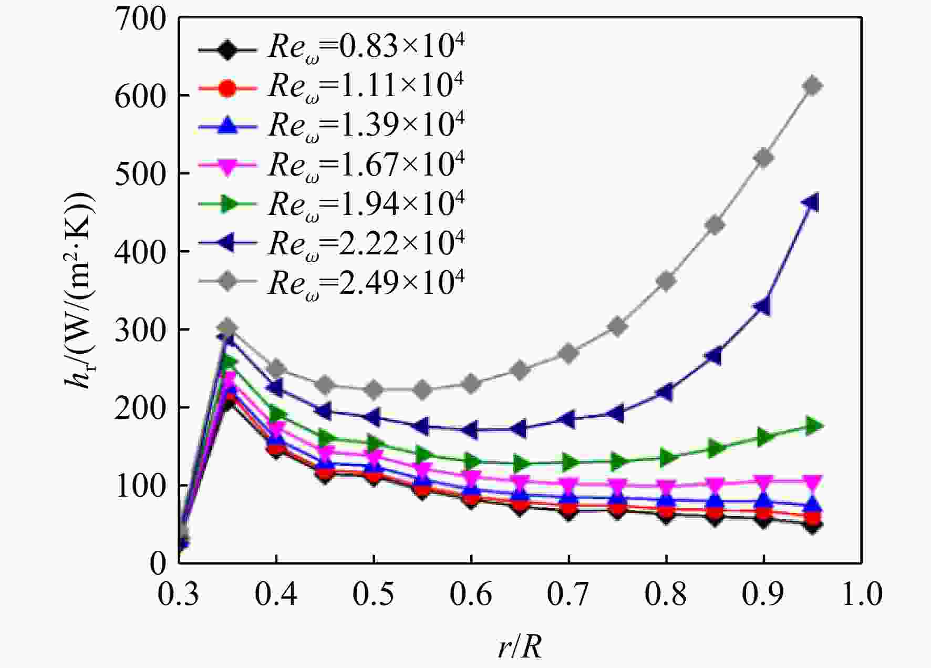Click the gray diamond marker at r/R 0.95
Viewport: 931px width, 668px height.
click(x=812, y=86)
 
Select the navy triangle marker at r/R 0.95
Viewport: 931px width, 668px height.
click(x=811, y=203)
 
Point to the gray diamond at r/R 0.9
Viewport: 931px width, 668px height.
click(x=763, y=158)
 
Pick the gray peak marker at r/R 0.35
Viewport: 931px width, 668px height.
click(x=227, y=327)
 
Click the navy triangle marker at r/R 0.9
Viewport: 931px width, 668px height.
click(x=762, y=306)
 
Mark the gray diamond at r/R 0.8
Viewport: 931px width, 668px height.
click(x=666, y=281)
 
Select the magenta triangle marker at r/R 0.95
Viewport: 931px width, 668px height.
click(x=812, y=482)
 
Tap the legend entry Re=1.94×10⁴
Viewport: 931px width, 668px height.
click(x=332, y=205)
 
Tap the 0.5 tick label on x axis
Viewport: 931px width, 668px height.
click(x=373, y=594)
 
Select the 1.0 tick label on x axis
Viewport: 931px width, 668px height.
click(x=862, y=594)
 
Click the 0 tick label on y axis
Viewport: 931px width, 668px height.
click(x=158, y=563)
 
